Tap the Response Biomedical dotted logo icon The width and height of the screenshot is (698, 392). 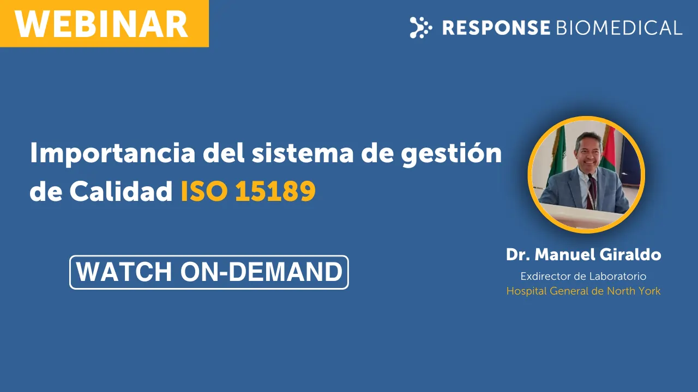coord(421,27)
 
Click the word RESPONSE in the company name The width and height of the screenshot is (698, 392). coord(496,28)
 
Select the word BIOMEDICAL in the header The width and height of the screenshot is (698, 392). coord(619,28)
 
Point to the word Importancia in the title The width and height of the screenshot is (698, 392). coord(112,154)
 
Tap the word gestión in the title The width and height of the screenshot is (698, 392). coord(451,154)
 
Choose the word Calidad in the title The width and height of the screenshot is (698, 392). coord(121,191)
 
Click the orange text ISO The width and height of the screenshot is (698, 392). coord(204,191)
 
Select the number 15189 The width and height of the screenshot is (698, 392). coord(275,191)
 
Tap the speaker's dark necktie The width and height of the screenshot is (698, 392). coord(592,193)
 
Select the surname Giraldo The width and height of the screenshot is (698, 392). coord(630,254)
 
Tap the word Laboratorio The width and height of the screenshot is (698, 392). coord(618,276)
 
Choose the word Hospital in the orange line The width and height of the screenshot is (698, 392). coord(527,291)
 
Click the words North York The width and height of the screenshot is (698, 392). coord(634,291)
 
